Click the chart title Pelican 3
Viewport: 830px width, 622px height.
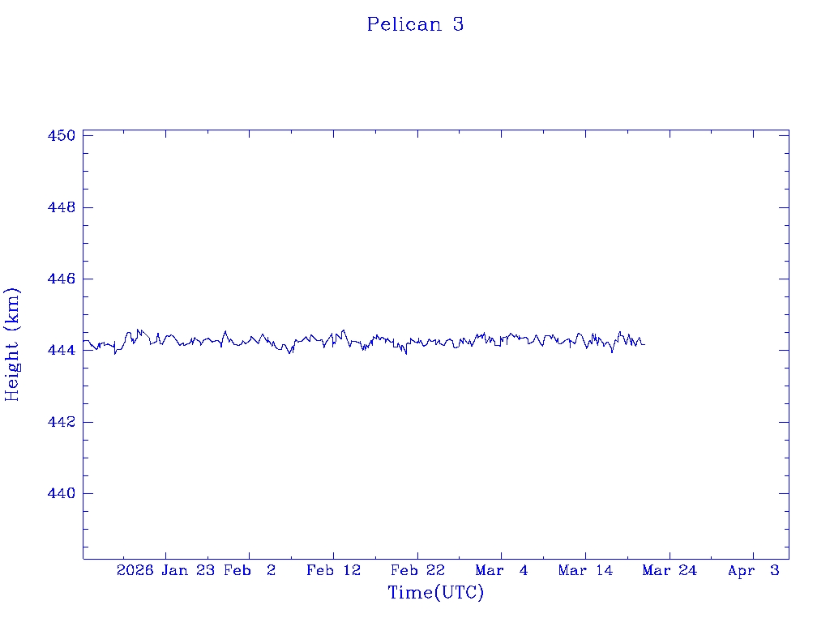[415, 24]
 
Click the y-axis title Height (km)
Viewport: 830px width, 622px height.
[12, 343]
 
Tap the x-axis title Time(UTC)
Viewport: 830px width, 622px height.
[435, 593]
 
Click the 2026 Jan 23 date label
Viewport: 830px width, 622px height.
[165, 571]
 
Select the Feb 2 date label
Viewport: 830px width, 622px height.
[250, 571]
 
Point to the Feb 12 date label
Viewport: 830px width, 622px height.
[333, 571]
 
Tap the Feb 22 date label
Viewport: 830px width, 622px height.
[417, 571]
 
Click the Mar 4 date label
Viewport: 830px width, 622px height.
[502, 571]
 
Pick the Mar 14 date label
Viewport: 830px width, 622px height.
[585, 571]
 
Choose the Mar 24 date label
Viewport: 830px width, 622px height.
[670, 571]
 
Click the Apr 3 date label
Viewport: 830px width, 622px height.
[754, 571]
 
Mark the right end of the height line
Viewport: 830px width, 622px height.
[644, 344]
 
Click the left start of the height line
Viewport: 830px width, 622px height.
[83, 341]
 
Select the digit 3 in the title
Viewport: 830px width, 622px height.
[458, 24]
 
